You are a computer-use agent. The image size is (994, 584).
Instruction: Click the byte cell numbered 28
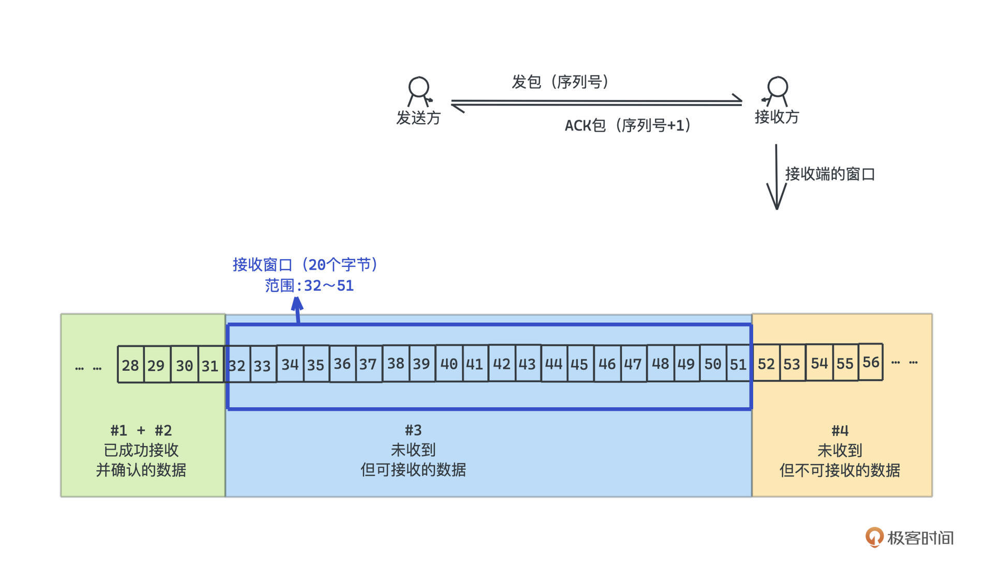[130, 365]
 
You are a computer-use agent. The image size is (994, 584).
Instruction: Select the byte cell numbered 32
[237, 365]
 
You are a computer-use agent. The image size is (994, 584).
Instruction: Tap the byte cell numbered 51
[738, 364]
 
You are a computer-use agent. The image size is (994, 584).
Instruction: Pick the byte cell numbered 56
[871, 362]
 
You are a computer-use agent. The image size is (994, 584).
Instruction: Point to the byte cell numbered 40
[449, 364]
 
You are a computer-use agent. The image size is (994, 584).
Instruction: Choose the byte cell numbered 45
[579, 364]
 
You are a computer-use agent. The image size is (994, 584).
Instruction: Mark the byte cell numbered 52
[766, 364]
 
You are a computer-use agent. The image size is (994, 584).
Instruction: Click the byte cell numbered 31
[210, 365]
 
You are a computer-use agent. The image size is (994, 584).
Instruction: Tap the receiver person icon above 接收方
[777, 91]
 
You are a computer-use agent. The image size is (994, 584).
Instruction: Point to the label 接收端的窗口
[830, 174]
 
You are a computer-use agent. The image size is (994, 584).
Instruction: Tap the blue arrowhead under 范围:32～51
[297, 305]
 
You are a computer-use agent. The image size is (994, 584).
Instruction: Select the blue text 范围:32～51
[309, 286]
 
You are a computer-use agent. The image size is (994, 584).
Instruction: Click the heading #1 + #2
[141, 430]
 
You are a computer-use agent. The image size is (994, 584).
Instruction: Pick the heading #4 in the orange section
[840, 430]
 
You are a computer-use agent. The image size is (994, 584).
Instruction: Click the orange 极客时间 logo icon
[874, 537]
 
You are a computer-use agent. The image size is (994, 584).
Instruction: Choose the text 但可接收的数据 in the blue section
[413, 470]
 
